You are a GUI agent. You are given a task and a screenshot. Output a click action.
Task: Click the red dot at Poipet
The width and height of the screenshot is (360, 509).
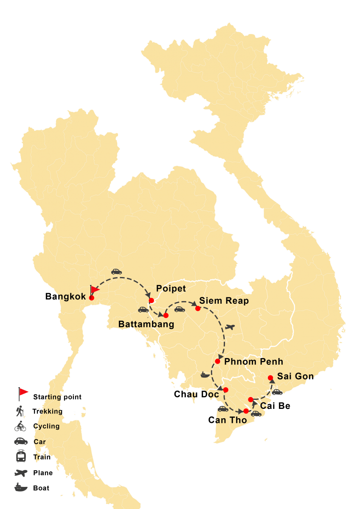pyautogui.click(x=151, y=300)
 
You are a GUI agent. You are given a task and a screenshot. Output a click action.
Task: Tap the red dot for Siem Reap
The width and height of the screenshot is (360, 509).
pyautogui.click(x=198, y=308)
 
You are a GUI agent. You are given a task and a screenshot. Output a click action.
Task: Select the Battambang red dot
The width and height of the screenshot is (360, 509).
pyautogui.click(x=166, y=315)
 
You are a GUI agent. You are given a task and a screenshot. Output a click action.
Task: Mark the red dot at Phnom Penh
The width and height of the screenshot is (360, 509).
pyautogui.click(x=217, y=361)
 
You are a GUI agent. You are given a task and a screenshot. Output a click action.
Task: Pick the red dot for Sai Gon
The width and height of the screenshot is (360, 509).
pyautogui.click(x=270, y=378)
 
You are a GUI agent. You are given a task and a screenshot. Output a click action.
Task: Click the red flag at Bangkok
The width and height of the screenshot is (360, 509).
pyautogui.click(x=95, y=290)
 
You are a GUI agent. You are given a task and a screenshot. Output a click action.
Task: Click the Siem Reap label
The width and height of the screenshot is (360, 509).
pyautogui.click(x=224, y=301)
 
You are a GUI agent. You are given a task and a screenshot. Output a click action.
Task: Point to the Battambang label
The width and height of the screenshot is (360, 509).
pyautogui.click(x=146, y=324)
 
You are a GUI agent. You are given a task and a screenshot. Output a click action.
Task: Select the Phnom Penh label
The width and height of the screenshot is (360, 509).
pyautogui.click(x=253, y=362)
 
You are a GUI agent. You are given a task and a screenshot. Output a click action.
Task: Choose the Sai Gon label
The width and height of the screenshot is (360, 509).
pyautogui.click(x=295, y=376)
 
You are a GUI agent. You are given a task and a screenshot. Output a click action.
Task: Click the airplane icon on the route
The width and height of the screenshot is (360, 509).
pyautogui.click(x=230, y=327)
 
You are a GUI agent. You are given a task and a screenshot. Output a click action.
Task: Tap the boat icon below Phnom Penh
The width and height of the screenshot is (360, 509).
pyautogui.click(x=205, y=375)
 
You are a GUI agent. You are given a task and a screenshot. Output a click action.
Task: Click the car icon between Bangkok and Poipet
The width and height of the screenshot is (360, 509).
pyautogui.click(x=116, y=271)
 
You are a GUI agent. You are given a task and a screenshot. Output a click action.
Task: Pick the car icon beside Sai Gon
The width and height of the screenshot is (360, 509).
pyautogui.click(x=277, y=392)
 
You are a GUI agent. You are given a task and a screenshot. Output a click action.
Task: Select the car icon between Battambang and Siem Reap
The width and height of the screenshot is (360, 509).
pyautogui.click(x=180, y=309)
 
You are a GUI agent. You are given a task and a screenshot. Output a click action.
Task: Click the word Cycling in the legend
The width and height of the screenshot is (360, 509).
pyautogui.click(x=47, y=426)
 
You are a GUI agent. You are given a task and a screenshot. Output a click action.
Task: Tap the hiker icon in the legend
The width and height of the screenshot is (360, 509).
pyautogui.click(x=20, y=411)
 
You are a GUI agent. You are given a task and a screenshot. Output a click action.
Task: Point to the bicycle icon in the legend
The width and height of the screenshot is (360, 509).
pyautogui.click(x=20, y=426)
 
